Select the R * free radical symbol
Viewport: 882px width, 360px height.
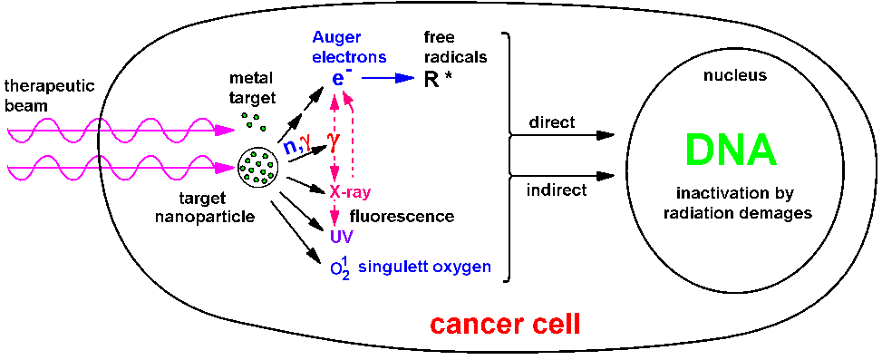tap(435, 79)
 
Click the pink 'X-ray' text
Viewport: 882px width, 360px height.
tap(354, 193)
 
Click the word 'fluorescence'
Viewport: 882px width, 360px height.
tap(402, 217)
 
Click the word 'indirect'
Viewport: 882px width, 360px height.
tap(557, 190)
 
